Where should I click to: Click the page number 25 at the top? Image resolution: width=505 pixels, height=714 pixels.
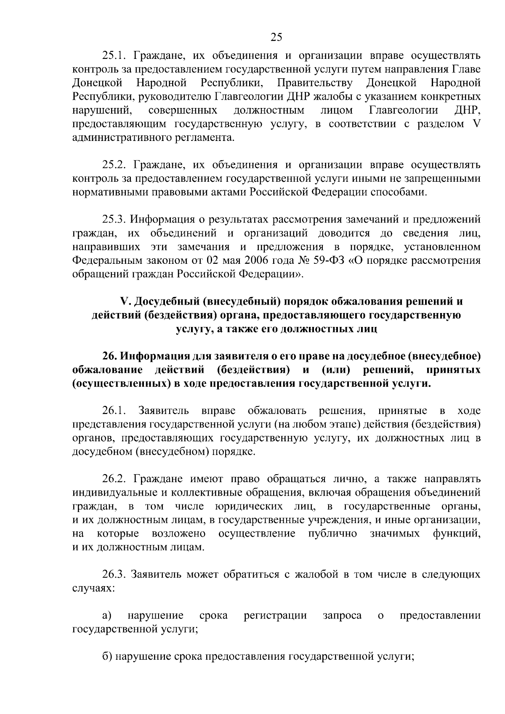[x=276, y=37]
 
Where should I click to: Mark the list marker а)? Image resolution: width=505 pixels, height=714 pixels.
[x=107, y=616]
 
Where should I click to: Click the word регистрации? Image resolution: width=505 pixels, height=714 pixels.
[x=275, y=616]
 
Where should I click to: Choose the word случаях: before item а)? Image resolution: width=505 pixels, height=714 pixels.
[x=93, y=589]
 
